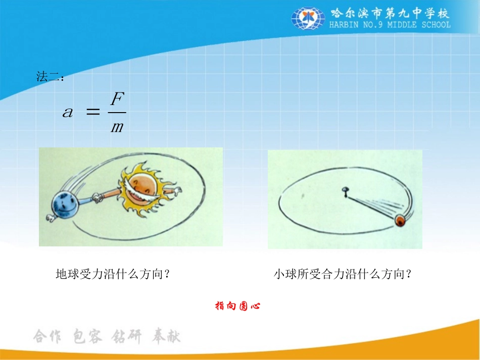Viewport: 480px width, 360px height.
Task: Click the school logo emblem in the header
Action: pyautogui.click(x=308, y=19)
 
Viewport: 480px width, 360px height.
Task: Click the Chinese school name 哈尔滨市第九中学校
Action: pyautogui.click(x=390, y=13)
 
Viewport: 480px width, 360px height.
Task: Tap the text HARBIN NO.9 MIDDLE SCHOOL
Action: pyautogui.click(x=390, y=25)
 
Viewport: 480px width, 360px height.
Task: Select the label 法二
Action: pyautogui.click(x=50, y=77)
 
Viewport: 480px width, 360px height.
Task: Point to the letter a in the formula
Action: pyautogui.click(x=68, y=113)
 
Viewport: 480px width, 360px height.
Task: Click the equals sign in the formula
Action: pyautogui.click(x=92, y=113)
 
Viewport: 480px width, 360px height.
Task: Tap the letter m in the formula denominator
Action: pyautogui.click(x=117, y=126)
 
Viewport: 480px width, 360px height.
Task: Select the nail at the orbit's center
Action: pyautogui.click(x=345, y=191)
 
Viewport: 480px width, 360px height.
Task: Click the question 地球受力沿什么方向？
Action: pyautogui.click(x=112, y=275)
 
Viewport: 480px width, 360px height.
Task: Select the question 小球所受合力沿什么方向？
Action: pyautogui.click(x=343, y=275)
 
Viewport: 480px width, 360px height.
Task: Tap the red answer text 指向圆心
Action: pyautogui.click(x=237, y=305)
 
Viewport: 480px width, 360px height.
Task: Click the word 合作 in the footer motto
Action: pyautogui.click(x=47, y=337)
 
